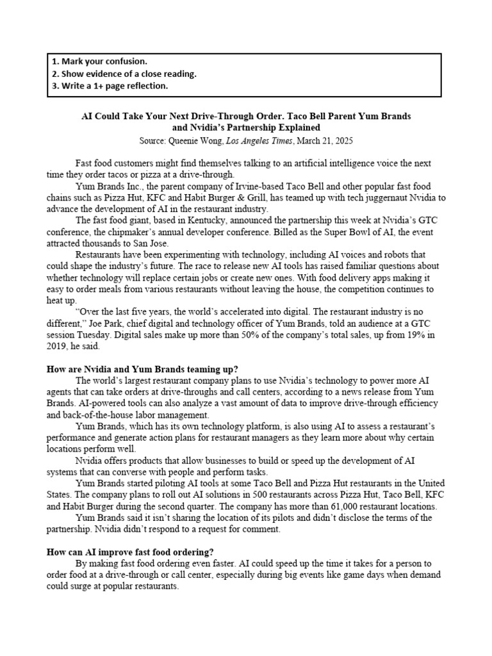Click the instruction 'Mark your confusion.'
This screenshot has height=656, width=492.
99,62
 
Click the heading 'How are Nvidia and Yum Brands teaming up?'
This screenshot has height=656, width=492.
143,370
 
